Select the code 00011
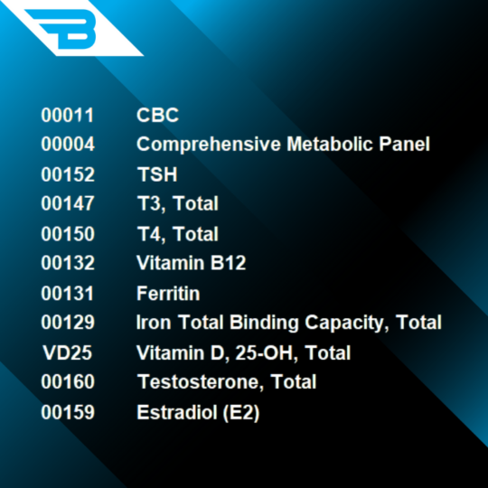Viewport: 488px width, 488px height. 67,115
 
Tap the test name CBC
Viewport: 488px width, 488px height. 157,115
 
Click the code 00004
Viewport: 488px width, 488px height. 67,145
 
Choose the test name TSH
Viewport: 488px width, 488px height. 156,174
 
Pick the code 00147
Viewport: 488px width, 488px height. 67,204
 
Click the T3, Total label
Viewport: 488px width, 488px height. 177,204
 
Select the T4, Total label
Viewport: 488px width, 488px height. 177,234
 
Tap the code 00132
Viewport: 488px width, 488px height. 67,264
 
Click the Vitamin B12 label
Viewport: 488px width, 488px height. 191,264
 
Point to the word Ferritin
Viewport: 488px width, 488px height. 168,294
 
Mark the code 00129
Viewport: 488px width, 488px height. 67,323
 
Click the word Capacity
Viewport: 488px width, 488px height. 347,323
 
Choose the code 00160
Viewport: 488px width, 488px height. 67,382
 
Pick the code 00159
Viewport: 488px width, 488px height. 67,412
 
